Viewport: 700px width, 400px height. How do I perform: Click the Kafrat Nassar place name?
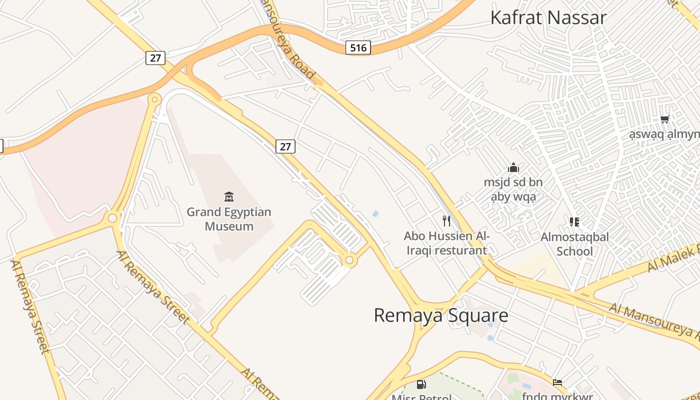[548, 17]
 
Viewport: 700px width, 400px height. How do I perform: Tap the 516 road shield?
[358, 48]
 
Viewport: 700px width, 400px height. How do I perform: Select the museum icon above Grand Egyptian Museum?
[229, 196]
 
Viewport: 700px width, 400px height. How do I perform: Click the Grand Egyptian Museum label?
[229, 219]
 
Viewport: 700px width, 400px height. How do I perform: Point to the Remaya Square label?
[441, 315]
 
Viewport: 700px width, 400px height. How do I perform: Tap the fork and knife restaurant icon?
[446, 220]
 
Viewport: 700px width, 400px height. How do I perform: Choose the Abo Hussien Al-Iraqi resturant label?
[446, 243]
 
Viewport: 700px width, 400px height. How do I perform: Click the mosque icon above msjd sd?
[513, 167]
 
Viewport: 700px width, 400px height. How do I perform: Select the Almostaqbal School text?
[574, 244]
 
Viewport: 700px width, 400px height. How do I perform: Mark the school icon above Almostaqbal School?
[574, 221]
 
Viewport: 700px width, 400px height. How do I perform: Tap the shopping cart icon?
[664, 119]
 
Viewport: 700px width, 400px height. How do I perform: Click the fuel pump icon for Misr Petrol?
[421, 384]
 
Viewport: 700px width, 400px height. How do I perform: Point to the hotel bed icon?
[557, 382]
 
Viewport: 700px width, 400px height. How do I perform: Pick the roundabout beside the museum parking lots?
[349, 260]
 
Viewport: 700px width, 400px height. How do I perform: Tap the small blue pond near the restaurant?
[375, 214]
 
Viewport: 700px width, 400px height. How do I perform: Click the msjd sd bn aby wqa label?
[513, 189]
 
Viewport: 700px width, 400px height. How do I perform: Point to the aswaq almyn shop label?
[664, 134]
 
